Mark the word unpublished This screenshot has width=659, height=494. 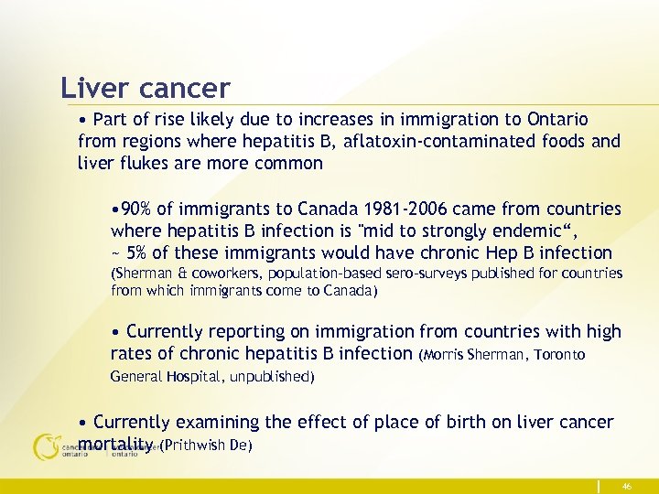pos(273,376)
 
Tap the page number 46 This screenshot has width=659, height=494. pos(627,485)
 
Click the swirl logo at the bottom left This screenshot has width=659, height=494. pos(46,446)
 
